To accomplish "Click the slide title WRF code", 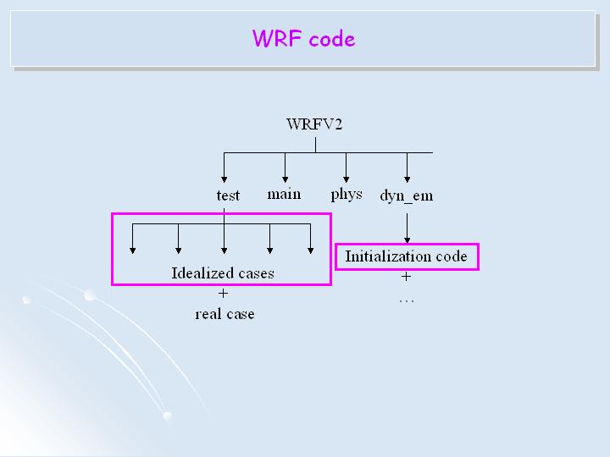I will (x=303, y=39).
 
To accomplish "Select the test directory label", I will (x=228, y=195).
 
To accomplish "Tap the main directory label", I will (x=284, y=195).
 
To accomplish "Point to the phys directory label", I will (x=346, y=195).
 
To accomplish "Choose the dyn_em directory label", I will (x=406, y=195).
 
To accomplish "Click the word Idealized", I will (x=197, y=273).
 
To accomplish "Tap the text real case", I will (x=225, y=314).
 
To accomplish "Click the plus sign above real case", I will (x=224, y=294).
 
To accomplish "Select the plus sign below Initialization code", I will (x=406, y=276).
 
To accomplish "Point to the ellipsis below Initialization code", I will (x=406, y=299).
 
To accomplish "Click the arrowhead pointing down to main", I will (x=286, y=177).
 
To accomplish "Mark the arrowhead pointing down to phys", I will (x=346, y=177).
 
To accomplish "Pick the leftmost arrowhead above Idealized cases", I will (x=132, y=250).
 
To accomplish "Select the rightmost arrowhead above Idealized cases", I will (x=311, y=250).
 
